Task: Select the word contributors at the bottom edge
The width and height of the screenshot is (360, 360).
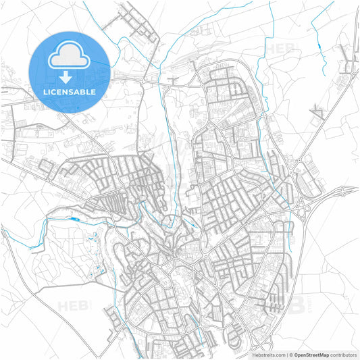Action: pos(344,354)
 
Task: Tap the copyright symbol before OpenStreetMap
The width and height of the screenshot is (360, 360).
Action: pos(289,354)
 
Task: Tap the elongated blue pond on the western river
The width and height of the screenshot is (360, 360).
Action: pos(73,219)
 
